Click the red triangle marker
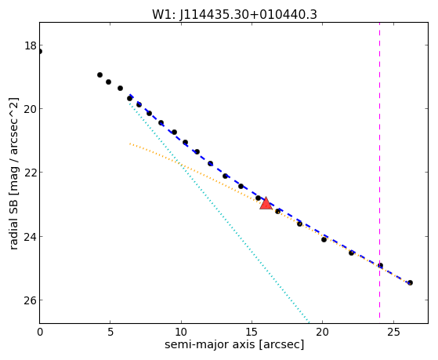(266, 203)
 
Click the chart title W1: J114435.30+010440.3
(234, 15)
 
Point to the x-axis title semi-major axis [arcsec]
(234, 344)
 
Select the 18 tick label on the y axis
(31, 45)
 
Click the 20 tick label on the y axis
(31, 109)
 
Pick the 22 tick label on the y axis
(31, 173)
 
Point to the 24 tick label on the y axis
(31, 236)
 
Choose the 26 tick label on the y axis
(31, 300)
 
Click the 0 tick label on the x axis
(40, 332)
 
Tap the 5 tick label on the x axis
(110, 332)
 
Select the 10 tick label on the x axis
(181, 332)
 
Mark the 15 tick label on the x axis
(252, 332)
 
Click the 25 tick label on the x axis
(393, 332)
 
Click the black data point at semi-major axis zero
(40, 52)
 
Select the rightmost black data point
(410, 283)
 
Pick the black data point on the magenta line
(380, 265)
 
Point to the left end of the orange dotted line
(130, 144)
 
